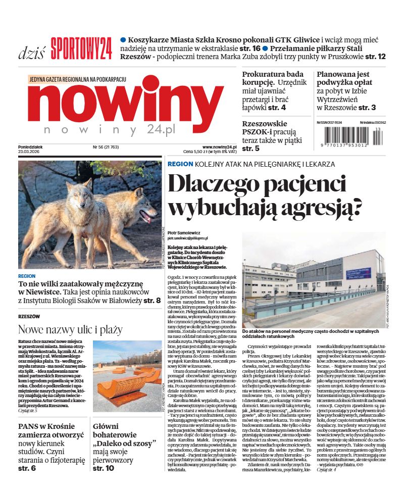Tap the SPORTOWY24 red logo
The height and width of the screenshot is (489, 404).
(81, 48)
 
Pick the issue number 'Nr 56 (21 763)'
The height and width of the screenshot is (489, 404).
(107, 147)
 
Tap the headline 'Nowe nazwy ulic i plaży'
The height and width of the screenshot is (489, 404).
(70, 330)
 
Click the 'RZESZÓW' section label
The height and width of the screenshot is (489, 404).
(29, 317)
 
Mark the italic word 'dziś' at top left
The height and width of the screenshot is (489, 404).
(32, 53)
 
